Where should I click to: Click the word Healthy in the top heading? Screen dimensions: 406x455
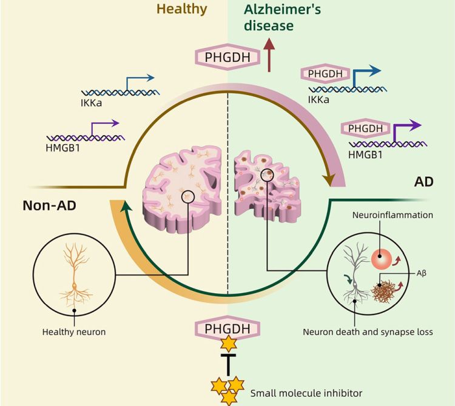click(x=182, y=8)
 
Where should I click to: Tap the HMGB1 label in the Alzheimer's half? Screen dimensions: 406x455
click(x=365, y=156)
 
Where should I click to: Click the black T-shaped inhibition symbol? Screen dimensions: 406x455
click(x=227, y=367)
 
